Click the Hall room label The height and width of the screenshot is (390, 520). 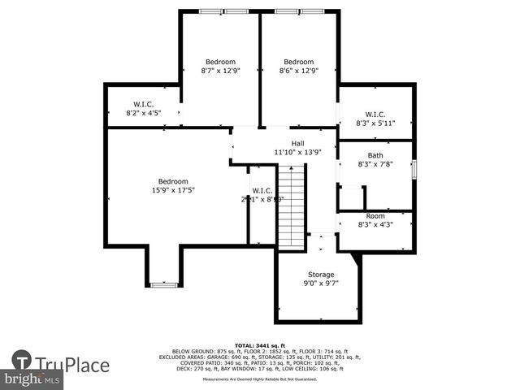(x=297, y=143)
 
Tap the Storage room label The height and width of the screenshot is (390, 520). (x=320, y=275)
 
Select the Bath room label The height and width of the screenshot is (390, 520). (x=375, y=155)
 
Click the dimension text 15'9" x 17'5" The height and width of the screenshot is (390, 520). (x=173, y=190)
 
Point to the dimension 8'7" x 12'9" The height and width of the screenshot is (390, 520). (x=220, y=71)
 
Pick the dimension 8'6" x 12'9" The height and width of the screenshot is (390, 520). (x=298, y=71)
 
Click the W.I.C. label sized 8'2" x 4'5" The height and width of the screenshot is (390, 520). (x=144, y=113)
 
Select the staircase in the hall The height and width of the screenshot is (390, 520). (x=291, y=206)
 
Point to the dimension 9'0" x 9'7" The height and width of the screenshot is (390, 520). (x=320, y=284)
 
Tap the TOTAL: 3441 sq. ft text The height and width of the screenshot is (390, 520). (x=260, y=345)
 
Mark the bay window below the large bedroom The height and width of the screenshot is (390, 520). (x=163, y=284)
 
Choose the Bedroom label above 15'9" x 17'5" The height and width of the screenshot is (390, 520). (x=173, y=181)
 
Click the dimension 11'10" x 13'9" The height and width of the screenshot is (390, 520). (x=297, y=152)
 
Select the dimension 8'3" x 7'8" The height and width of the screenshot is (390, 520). (x=375, y=164)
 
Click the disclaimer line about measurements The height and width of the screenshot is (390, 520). (x=260, y=379)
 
